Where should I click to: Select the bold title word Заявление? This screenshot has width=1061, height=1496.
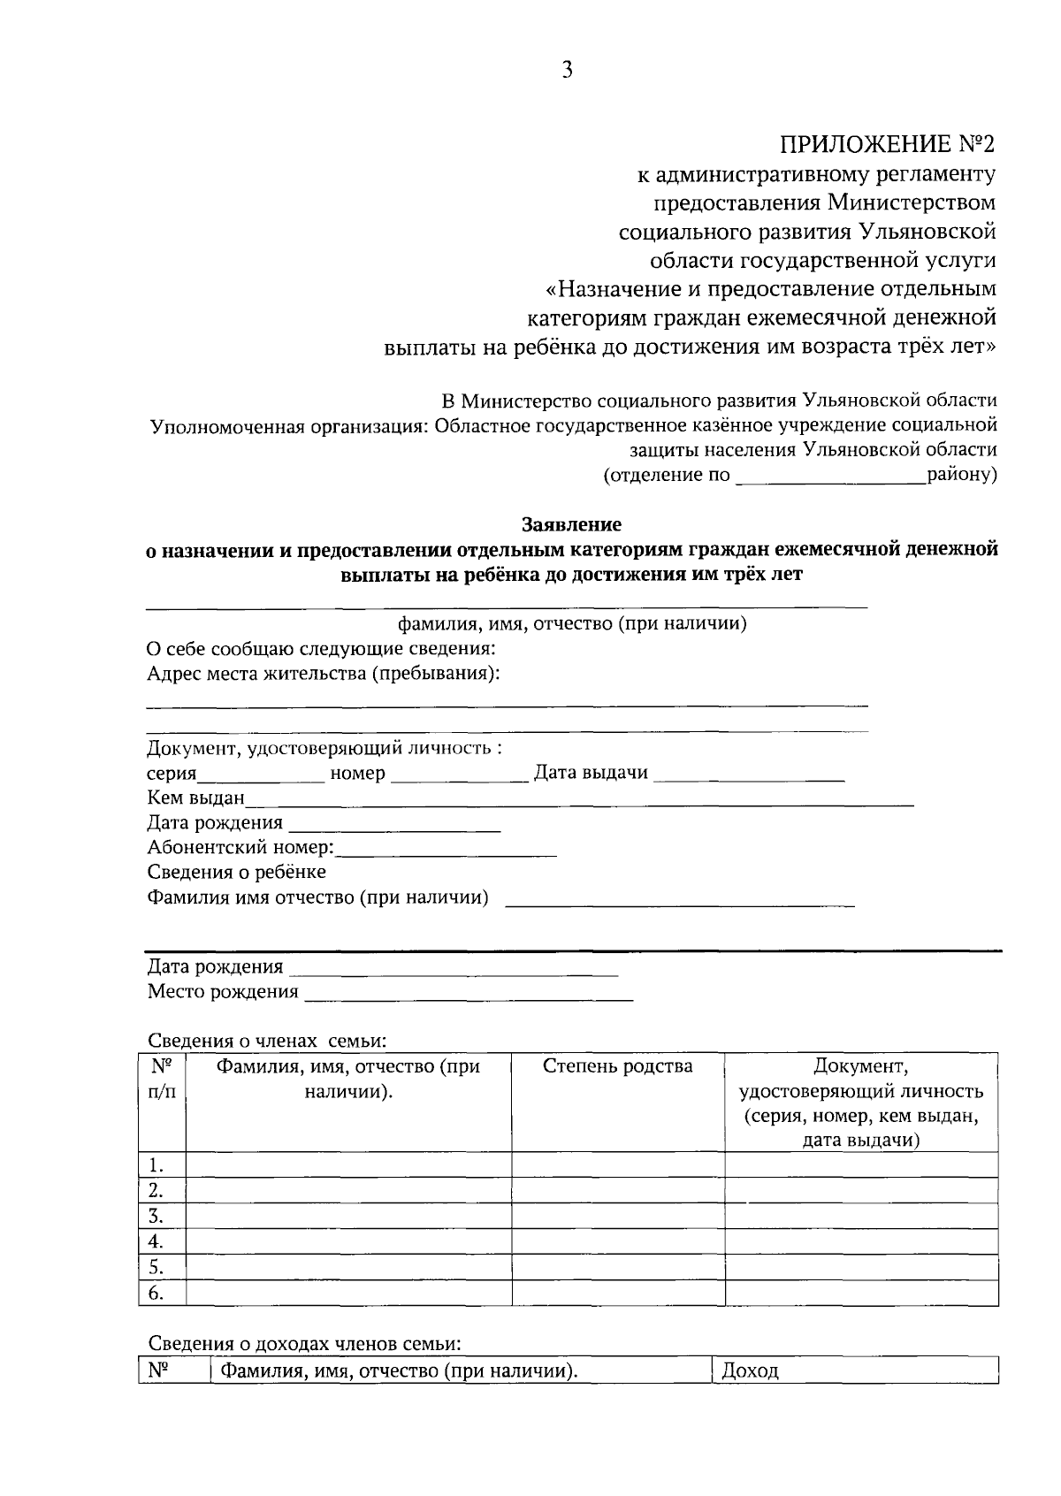[x=571, y=524]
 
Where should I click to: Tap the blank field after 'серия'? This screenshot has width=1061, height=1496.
[x=262, y=775]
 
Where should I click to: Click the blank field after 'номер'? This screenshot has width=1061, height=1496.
[x=458, y=775]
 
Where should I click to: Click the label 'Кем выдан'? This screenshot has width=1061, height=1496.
[x=195, y=798]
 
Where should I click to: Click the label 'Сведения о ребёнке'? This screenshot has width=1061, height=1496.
[x=236, y=873]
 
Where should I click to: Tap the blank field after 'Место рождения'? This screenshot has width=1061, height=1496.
[x=469, y=993]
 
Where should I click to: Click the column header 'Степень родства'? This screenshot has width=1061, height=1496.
[x=617, y=1066]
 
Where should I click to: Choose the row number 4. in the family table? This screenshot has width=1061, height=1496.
[x=156, y=1241]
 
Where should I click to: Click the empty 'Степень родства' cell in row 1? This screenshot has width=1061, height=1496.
[x=618, y=1164]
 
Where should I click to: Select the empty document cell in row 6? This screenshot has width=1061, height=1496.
[x=861, y=1294]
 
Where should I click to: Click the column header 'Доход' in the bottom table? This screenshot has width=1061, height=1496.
[x=750, y=1371]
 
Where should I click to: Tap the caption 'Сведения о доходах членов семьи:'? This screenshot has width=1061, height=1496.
[x=304, y=1344]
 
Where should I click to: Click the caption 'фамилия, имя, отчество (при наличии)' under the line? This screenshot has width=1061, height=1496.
[x=572, y=624]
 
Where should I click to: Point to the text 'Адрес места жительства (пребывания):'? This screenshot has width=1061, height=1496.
[x=323, y=674]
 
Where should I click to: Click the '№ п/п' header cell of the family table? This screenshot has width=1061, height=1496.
[x=162, y=1080]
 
